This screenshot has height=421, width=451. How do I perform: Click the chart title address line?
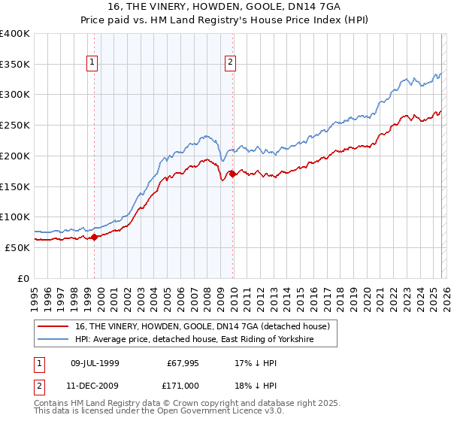click(x=225, y=7)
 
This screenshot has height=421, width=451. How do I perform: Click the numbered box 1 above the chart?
click(x=92, y=63)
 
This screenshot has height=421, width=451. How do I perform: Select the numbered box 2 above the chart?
click(x=230, y=63)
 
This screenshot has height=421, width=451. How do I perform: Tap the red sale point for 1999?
click(x=94, y=237)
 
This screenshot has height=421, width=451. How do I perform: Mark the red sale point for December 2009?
click(x=232, y=174)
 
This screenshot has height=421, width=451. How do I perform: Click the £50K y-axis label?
click(x=17, y=247)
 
